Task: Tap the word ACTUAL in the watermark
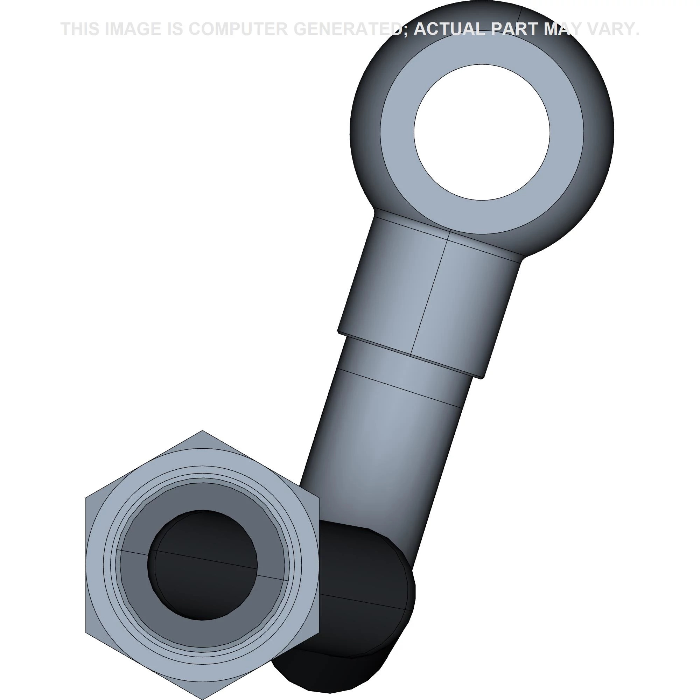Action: point(449,29)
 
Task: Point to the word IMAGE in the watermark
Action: point(133,29)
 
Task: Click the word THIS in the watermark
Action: point(80,29)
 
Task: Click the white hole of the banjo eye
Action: point(482,132)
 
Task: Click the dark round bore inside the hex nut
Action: point(203,565)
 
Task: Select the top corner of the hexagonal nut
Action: point(202,431)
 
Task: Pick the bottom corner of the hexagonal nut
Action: point(202,699)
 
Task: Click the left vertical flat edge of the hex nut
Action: point(86,565)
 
